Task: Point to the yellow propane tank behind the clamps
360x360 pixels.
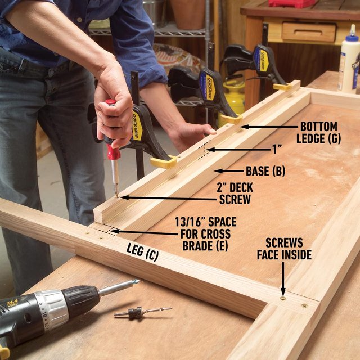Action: [233, 96]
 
